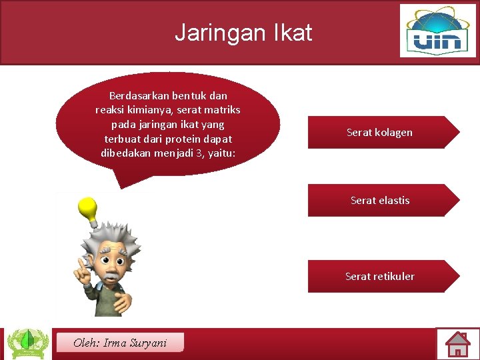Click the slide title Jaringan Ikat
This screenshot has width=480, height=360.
(x=243, y=32)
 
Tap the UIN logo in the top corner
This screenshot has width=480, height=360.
(x=438, y=31)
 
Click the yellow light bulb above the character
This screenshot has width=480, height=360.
(x=88, y=211)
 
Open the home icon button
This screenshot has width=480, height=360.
(x=457, y=344)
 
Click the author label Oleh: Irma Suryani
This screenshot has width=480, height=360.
(x=120, y=343)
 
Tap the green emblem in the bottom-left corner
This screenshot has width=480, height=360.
(x=27, y=343)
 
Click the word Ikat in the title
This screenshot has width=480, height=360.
(x=293, y=32)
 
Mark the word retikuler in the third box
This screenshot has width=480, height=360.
(x=394, y=276)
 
